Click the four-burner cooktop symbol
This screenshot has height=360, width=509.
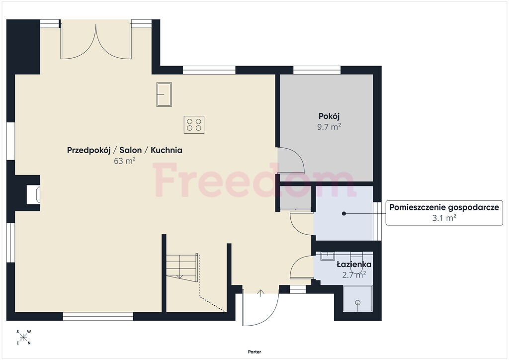[x=194, y=125]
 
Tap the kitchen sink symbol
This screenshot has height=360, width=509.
[x=164, y=94]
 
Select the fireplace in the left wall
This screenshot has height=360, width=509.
[x=33, y=194]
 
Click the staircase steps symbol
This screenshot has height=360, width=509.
[x=182, y=266]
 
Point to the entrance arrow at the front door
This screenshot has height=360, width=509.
[x=260, y=293]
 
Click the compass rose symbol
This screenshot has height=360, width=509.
[x=23, y=337]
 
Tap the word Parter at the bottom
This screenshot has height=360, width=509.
[x=254, y=352]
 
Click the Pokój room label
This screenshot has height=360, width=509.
[x=329, y=116]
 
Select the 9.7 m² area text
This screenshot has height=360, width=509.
[x=329, y=127]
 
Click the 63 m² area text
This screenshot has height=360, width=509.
[x=125, y=161]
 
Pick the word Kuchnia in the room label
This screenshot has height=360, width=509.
[x=167, y=150]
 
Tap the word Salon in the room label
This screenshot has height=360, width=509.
[x=131, y=150]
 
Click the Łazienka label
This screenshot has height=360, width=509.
[x=354, y=264]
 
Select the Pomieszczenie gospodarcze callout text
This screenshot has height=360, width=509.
[x=444, y=207]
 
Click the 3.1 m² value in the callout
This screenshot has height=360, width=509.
[x=444, y=218]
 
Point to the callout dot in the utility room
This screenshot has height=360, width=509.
[x=344, y=214]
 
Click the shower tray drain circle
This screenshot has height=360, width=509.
[x=358, y=302]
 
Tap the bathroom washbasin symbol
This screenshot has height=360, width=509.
[x=327, y=256]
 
